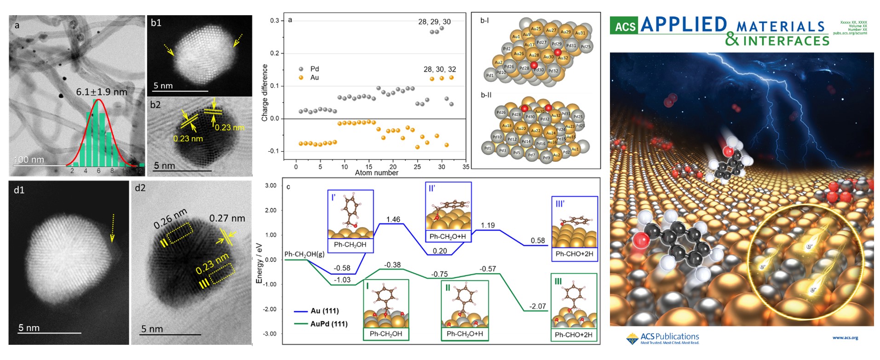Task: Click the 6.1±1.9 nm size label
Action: click(101, 92)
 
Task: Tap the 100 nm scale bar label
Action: click(29, 160)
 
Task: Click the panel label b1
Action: click(156, 23)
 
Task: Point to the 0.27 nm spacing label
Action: click(227, 218)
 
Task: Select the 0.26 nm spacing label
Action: click(170, 218)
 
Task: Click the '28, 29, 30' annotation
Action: click(434, 22)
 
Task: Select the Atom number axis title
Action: click(376, 173)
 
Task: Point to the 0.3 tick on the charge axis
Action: click(274, 21)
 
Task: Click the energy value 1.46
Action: click(393, 220)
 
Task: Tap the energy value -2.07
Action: click(537, 306)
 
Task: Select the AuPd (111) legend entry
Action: click(328, 324)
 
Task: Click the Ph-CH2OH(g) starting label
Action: click(304, 254)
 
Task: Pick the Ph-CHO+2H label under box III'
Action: click(574, 254)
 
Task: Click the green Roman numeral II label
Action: click(448, 288)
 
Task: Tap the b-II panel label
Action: click(486, 95)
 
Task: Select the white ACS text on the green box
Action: click(625, 27)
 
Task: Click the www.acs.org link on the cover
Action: click(845, 338)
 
